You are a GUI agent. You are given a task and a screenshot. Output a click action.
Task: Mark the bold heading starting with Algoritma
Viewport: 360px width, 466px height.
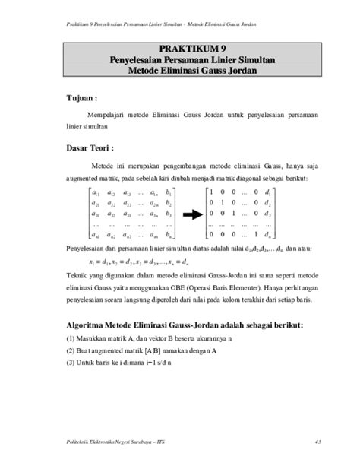click(185, 325)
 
